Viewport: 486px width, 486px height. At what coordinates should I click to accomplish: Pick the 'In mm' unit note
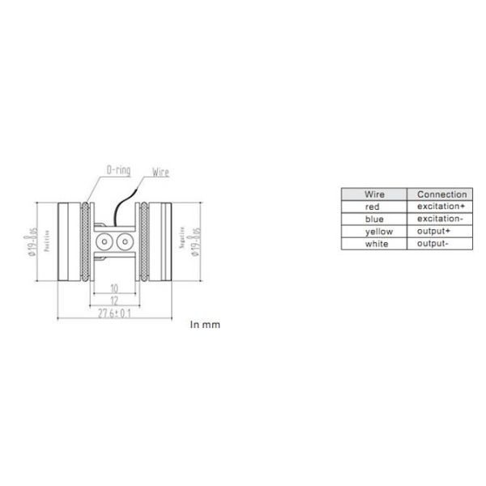pos(205,325)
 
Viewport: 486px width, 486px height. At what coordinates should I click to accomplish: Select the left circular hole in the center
pos(104,241)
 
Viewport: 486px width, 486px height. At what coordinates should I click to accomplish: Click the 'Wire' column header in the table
pos(375,194)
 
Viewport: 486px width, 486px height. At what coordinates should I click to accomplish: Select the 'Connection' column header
pos(441,194)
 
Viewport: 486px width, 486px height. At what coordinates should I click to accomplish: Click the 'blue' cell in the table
pos(375,220)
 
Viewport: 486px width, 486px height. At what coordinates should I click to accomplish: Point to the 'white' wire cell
pos(375,244)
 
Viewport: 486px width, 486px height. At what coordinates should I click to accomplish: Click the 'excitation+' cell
pos(441,207)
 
